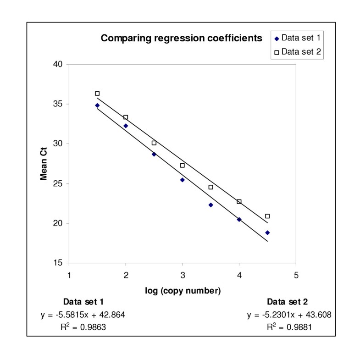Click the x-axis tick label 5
point(296,275)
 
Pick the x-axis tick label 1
point(69,275)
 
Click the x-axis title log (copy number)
point(182,290)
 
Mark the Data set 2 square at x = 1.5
point(97,94)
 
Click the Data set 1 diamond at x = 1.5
point(97,105)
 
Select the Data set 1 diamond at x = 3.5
point(210,205)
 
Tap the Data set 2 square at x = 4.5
point(267,216)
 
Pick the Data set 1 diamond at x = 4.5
point(267,233)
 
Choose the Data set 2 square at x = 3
point(183,165)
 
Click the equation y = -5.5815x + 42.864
point(83,315)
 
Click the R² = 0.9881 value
point(288,327)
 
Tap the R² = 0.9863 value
point(83,327)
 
